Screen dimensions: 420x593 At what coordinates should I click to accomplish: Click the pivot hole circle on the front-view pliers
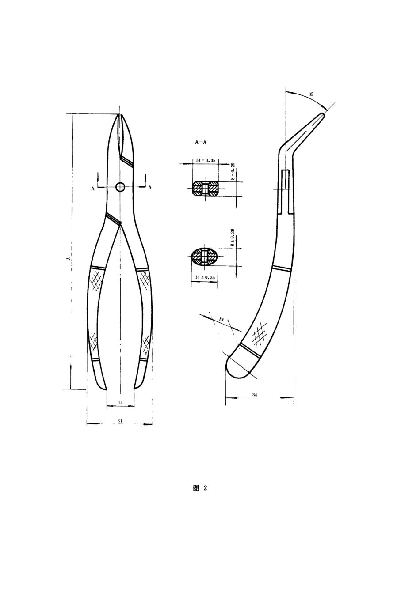point(120,187)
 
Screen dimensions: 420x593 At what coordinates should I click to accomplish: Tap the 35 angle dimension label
point(311,94)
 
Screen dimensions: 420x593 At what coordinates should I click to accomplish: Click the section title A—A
point(201,143)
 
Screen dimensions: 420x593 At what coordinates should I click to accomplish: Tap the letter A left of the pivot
point(92,189)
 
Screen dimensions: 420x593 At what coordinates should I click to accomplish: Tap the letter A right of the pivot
point(150,188)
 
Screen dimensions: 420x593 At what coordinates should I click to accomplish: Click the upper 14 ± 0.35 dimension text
point(206,160)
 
